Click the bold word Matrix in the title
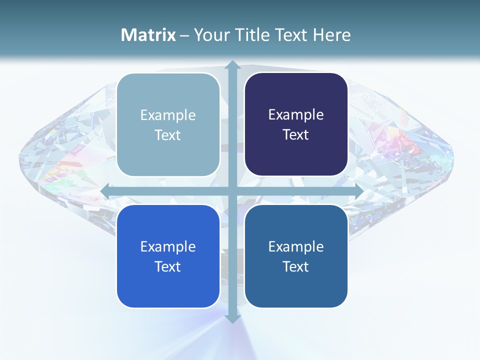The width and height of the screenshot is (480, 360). [148, 35]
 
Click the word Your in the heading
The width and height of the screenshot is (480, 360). [210, 35]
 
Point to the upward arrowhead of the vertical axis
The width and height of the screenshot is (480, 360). [232, 65]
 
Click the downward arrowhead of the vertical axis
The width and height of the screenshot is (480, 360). [232, 318]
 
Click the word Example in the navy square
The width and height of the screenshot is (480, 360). [296, 114]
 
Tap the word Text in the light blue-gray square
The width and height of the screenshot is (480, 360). [167, 135]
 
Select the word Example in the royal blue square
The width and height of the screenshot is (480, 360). [168, 246]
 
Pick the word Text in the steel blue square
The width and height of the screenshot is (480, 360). [296, 266]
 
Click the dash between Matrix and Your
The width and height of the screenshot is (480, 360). [184, 35]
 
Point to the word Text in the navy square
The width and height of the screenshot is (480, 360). [296, 134]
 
